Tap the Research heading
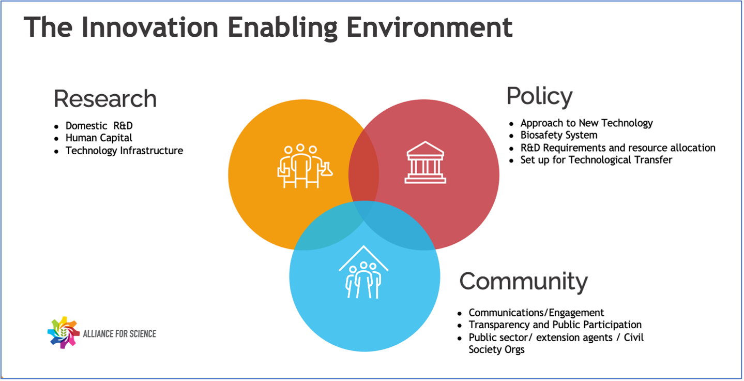105,99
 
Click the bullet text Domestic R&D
99,126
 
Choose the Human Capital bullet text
99,138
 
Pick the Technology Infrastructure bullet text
124,151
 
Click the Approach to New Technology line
586,123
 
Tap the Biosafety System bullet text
559,135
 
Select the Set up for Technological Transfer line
596,160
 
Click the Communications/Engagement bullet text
536,313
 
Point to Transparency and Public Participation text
555,325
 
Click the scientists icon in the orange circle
305,166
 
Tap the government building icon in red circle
425,162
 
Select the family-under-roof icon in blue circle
363,272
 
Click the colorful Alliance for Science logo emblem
64,332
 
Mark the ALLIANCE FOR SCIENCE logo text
119,334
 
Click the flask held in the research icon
327,169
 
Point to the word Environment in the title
430,28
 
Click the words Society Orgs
496,350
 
